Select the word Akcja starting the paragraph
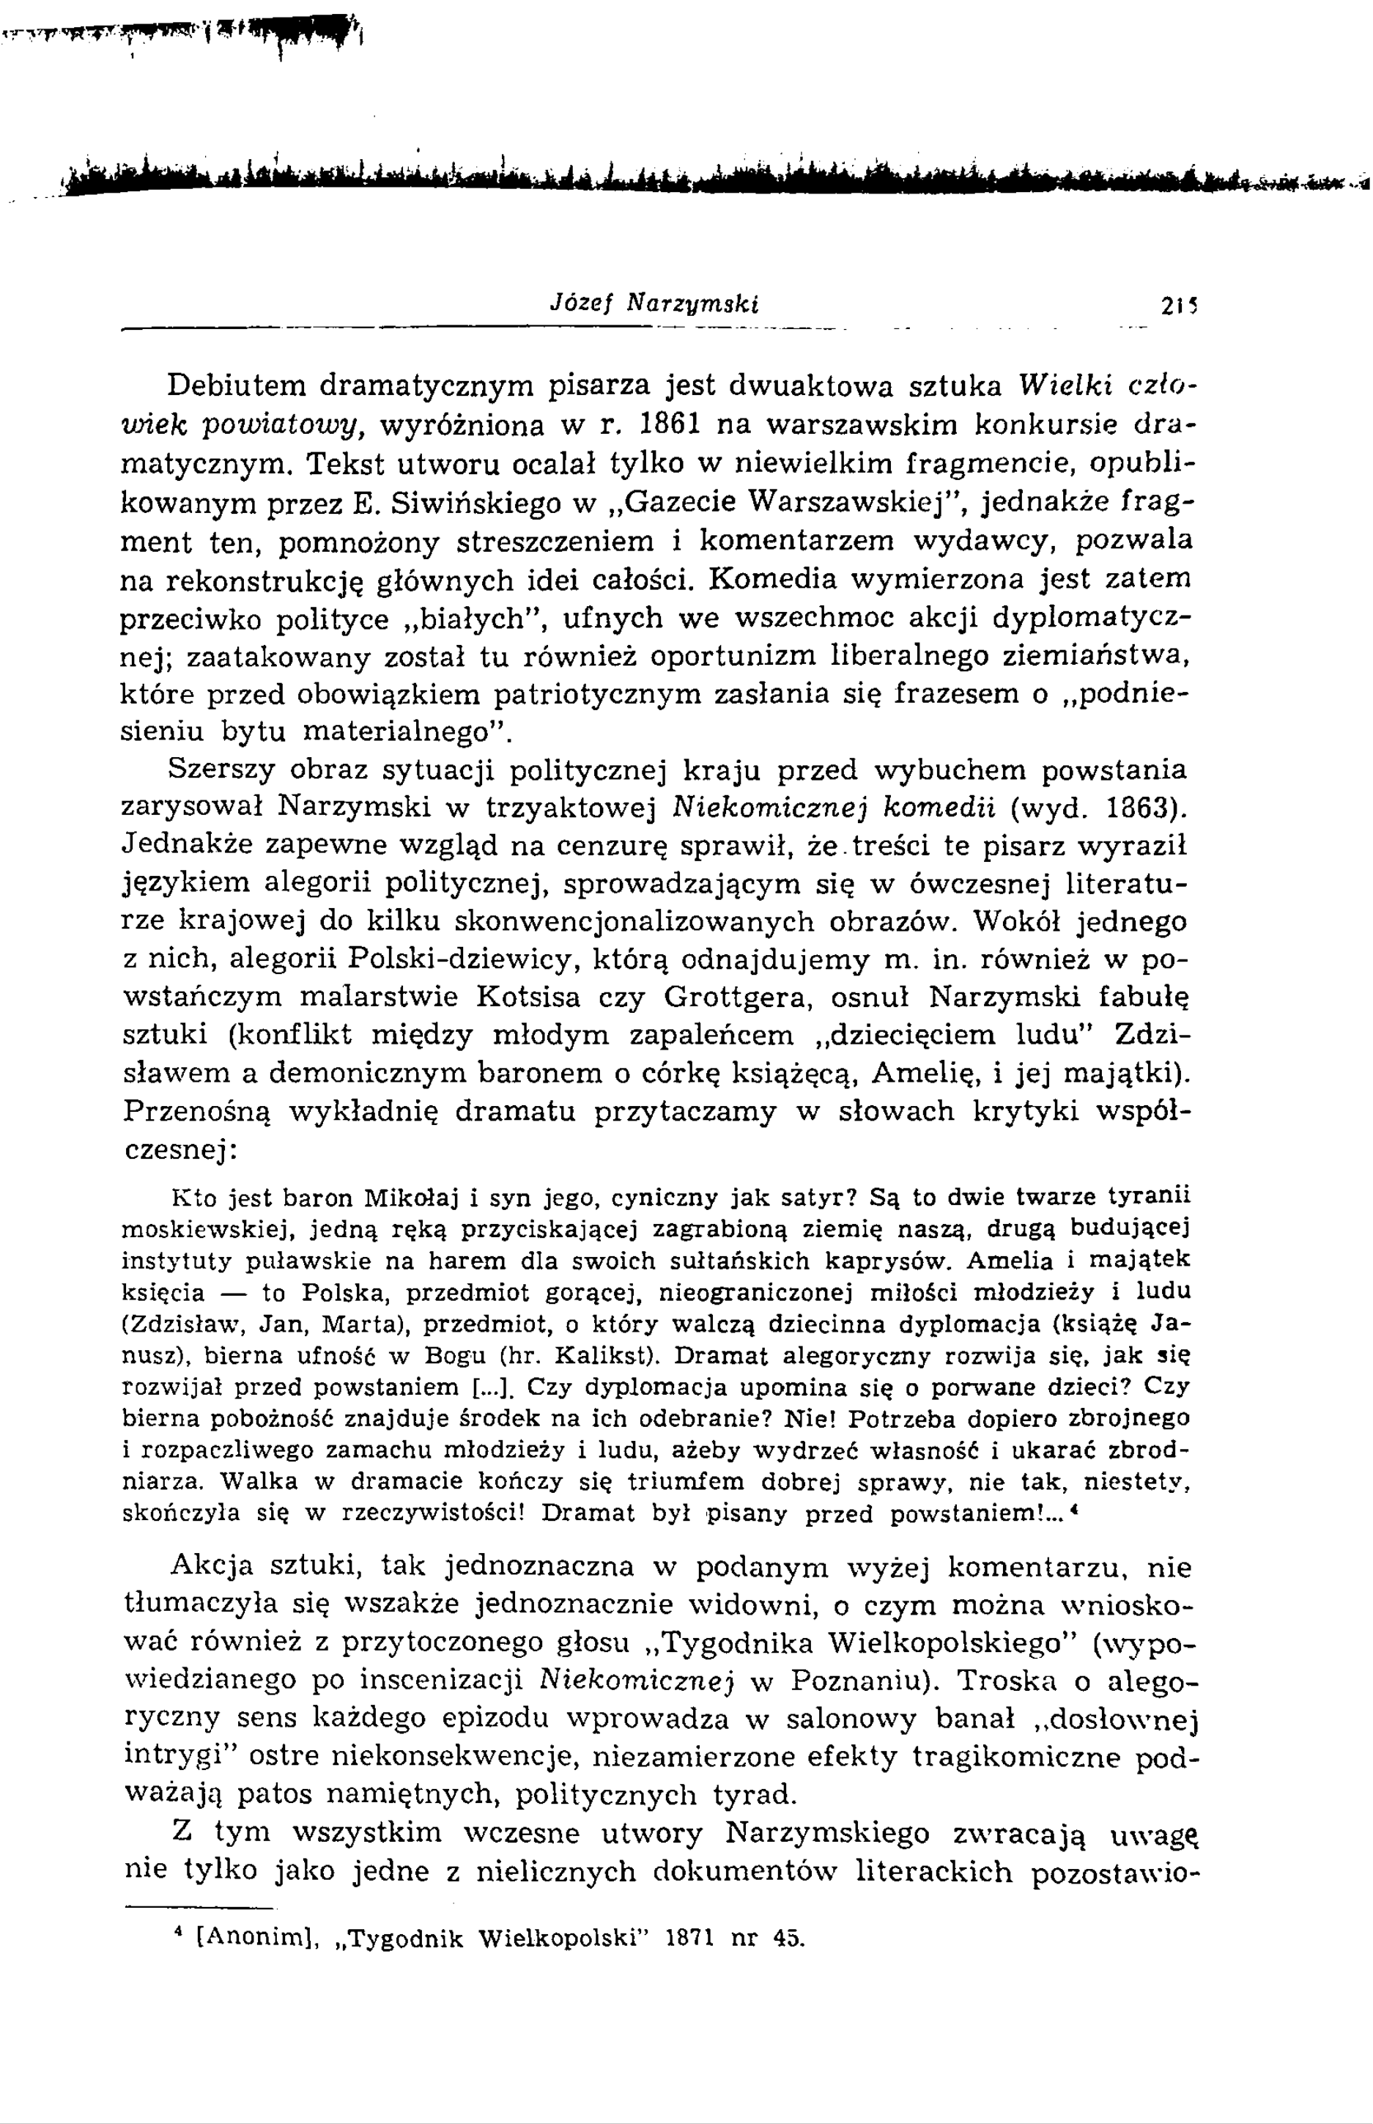click(x=211, y=1567)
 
